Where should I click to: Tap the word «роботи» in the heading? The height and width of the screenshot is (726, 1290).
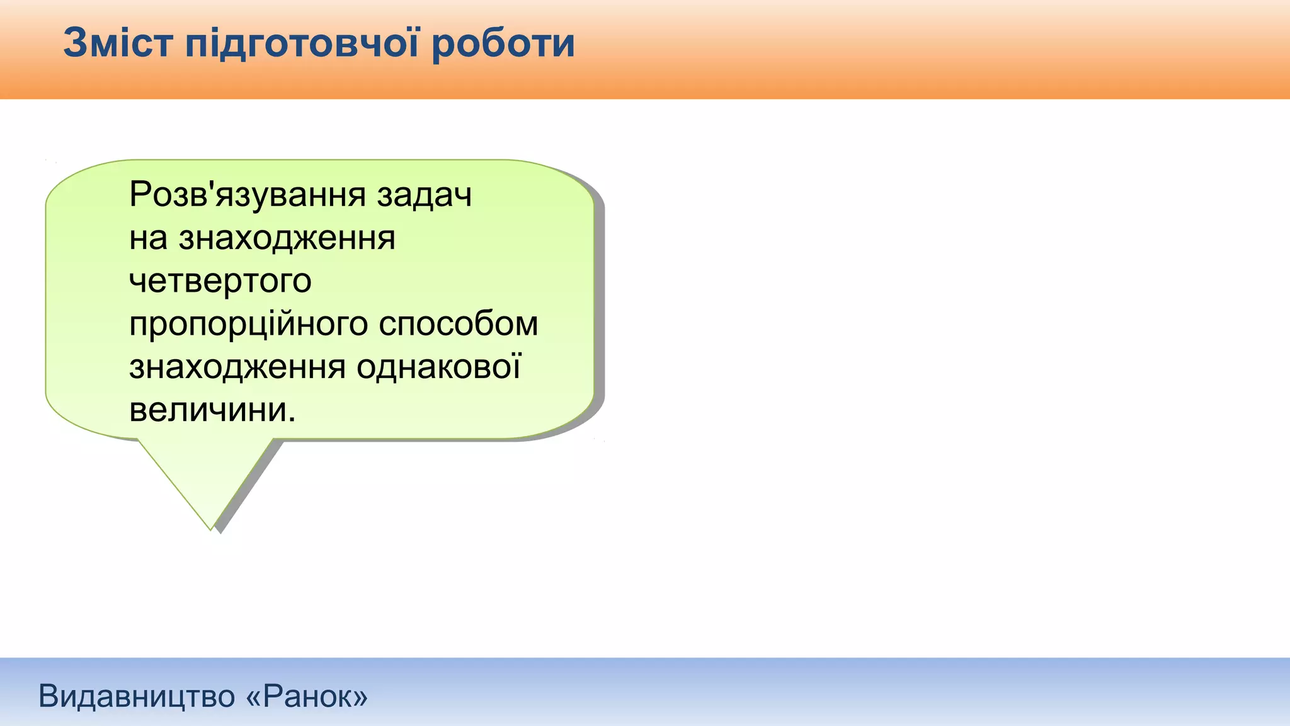pyautogui.click(x=503, y=44)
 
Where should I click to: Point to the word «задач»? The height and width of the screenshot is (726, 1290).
pyautogui.click(x=424, y=195)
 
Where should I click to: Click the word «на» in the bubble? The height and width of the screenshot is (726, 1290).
pyautogui.click(x=148, y=238)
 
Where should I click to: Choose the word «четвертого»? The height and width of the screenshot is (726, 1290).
pyautogui.click(x=220, y=281)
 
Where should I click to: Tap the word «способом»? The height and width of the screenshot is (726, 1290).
pyautogui.click(x=458, y=325)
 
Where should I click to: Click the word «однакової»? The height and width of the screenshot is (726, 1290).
pyautogui.click(x=438, y=367)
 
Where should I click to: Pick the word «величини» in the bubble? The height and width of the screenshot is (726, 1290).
pyautogui.click(x=208, y=410)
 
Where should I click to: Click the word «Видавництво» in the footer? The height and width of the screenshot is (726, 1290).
pyautogui.click(x=137, y=696)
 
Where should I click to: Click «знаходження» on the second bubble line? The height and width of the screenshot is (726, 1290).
pyautogui.click(x=287, y=238)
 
